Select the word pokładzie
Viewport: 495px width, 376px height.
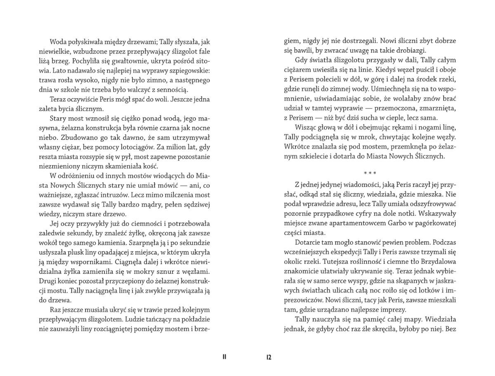point(196,319)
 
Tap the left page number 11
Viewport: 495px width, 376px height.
point(224,357)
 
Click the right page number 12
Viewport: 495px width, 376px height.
point(269,357)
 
